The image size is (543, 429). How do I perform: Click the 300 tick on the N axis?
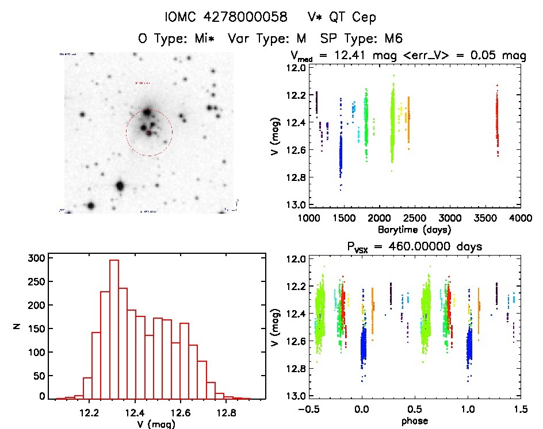click(36, 258)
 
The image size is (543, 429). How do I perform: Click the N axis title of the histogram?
click(17, 327)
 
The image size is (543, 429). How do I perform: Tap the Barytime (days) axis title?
click(414, 229)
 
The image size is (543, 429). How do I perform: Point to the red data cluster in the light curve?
click(497, 121)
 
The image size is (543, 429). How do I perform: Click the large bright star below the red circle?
click(120, 185)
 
